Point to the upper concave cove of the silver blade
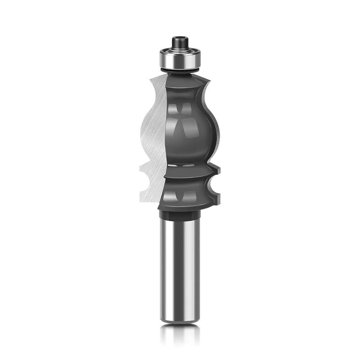157,94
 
